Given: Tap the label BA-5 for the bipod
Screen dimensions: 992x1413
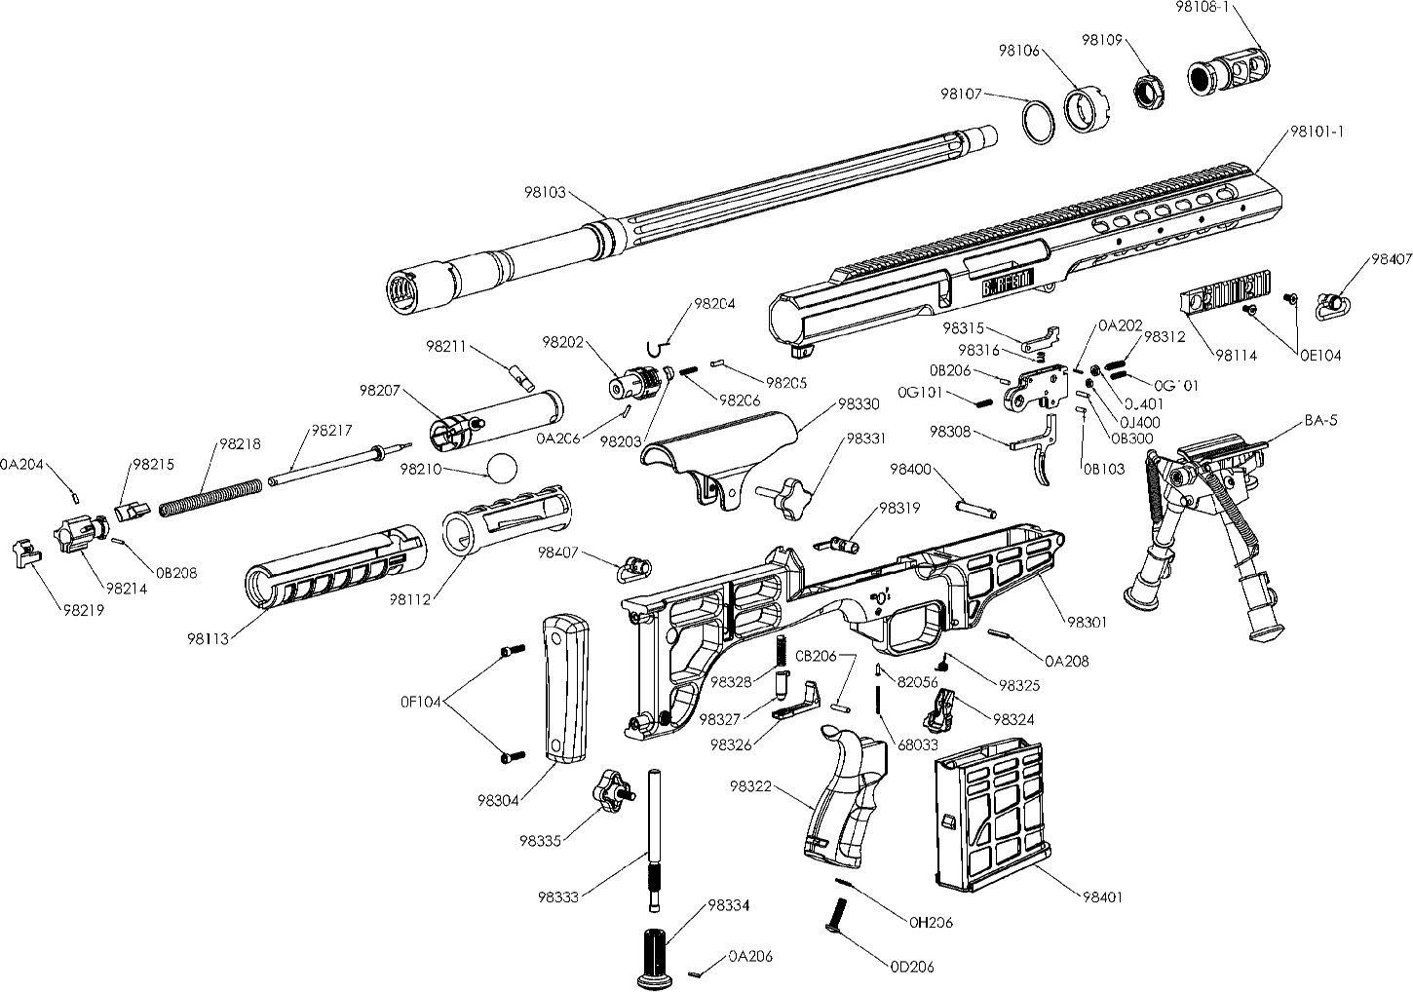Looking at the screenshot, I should pos(1320,422).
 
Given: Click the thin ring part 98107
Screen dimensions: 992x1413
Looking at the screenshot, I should pos(1039,123).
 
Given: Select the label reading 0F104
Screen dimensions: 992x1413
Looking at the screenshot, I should pos(420,701).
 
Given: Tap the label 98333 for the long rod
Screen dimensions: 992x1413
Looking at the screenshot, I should pos(558,896).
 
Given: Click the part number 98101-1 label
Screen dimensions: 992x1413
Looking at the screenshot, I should pos(1317,132).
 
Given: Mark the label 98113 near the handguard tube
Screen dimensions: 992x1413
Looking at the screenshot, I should pos(208,639).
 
